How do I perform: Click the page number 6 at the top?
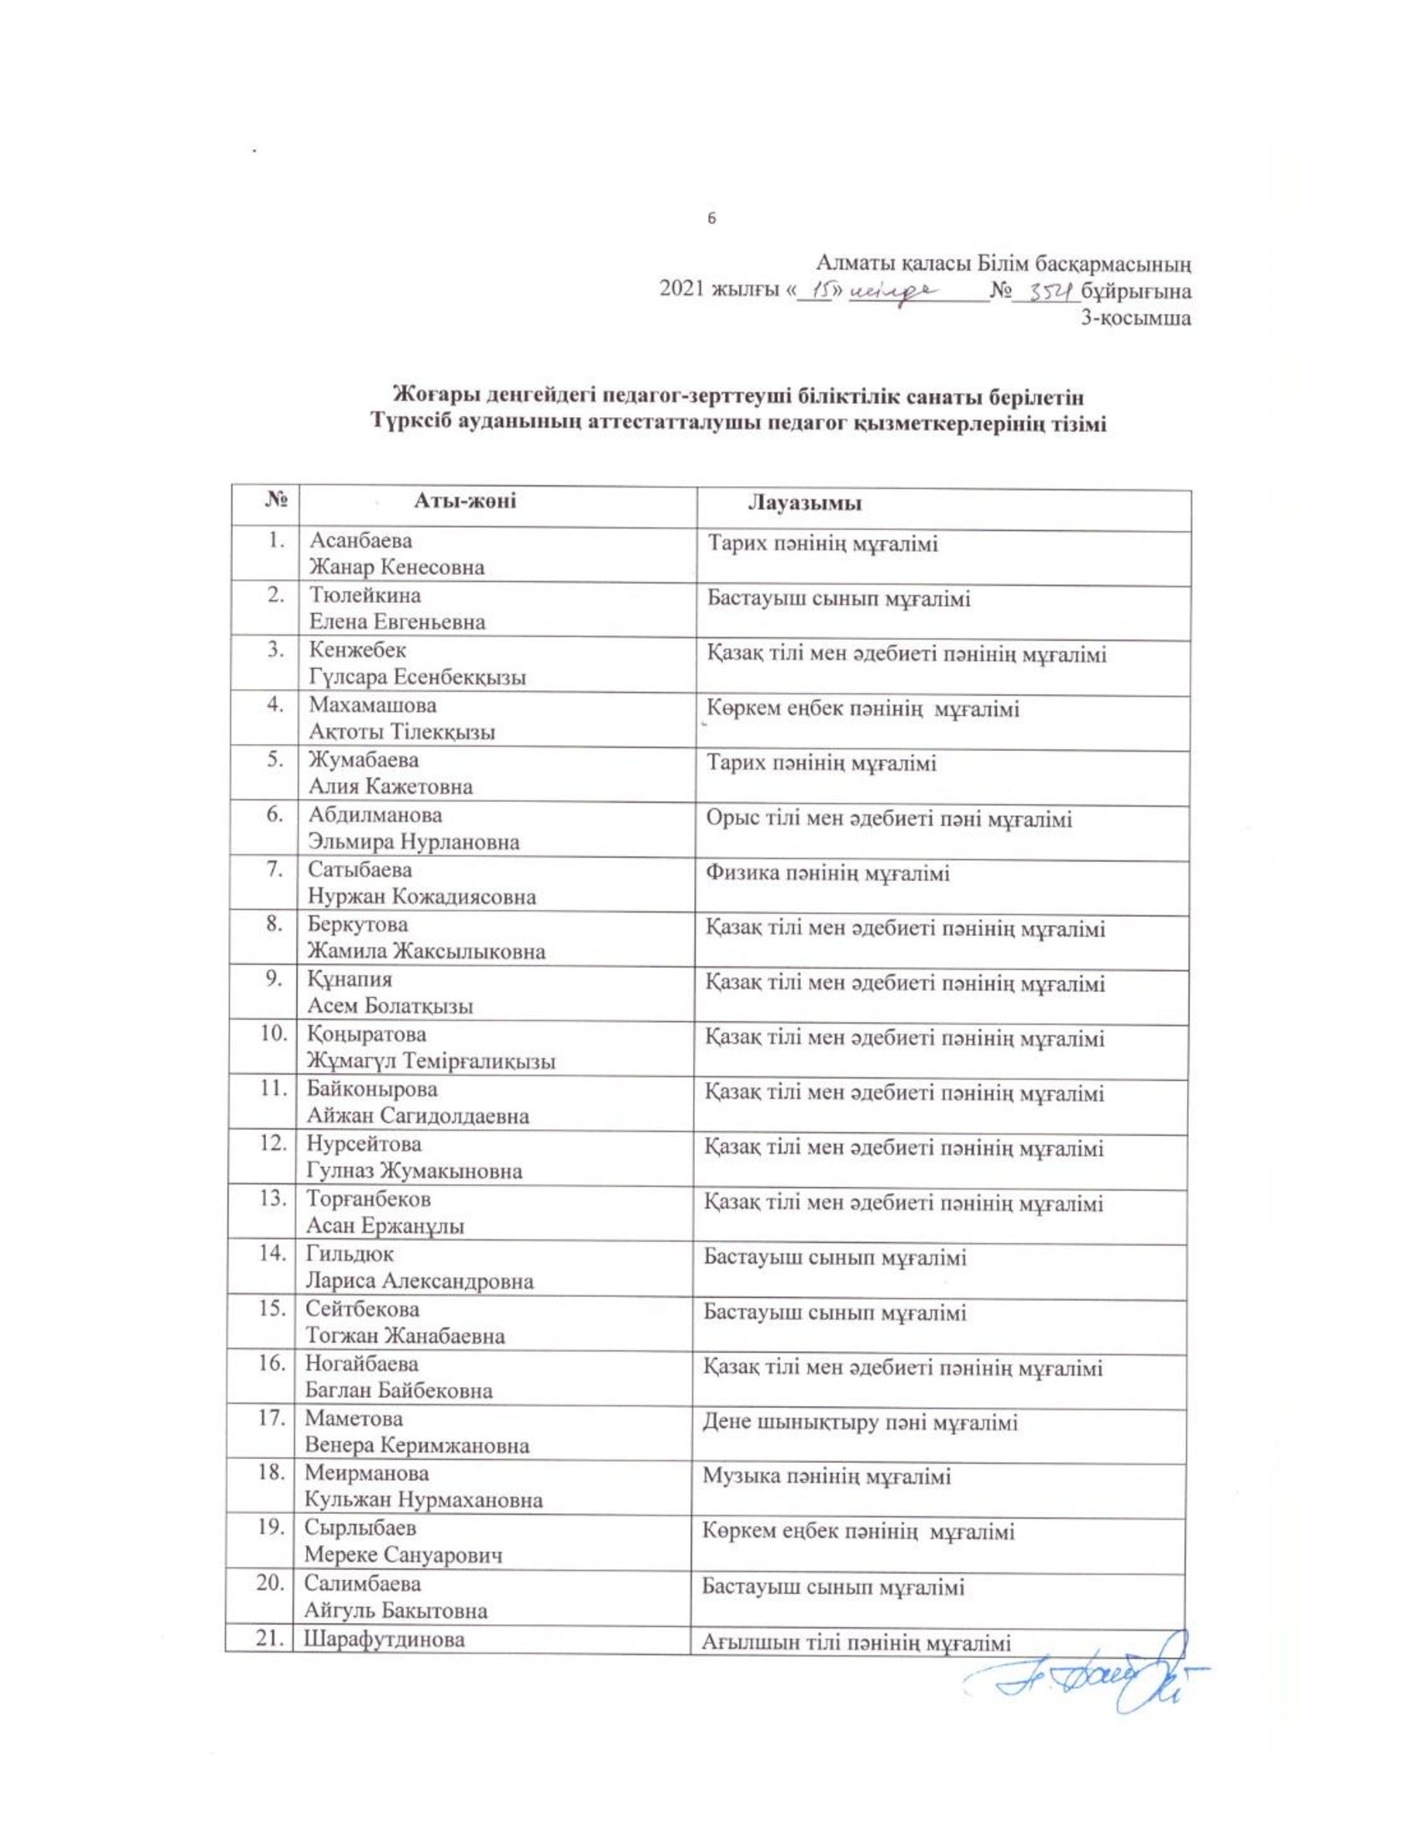click(712, 219)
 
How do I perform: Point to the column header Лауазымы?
click(804, 504)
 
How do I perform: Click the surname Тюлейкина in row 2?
click(365, 596)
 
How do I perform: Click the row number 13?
click(274, 1199)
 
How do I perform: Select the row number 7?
click(274, 870)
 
